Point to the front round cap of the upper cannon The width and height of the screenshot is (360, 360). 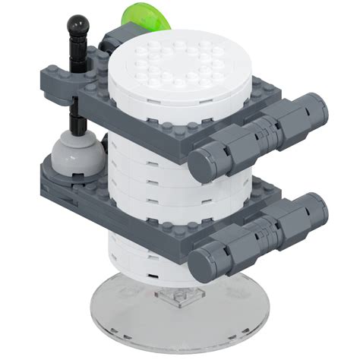(204, 162)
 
